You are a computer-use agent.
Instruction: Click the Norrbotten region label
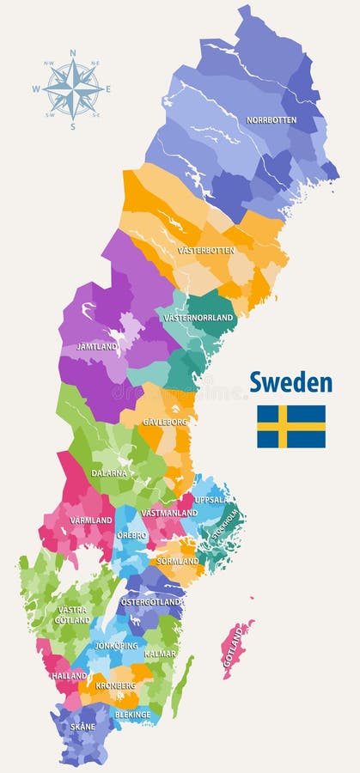click(272, 120)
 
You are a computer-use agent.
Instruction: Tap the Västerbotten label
click(205, 251)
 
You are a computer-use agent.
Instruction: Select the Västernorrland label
click(198, 318)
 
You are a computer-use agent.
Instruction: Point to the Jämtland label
click(97, 347)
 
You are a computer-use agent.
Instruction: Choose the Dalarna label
click(109, 472)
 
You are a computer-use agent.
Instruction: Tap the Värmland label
click(91, 520)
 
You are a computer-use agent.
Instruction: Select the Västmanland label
click(169, 513)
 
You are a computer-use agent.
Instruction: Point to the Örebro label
click(132, 535)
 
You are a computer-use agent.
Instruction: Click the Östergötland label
click(150, 602)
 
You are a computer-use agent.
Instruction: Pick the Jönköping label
click(116, 645)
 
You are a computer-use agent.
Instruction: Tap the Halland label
click(69, 675)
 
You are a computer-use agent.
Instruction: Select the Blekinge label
click(132, 714)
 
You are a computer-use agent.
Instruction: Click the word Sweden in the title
click(290, 382)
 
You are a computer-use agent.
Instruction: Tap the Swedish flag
click(290, 426)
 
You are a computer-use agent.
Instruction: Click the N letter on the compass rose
click(72, 52)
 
